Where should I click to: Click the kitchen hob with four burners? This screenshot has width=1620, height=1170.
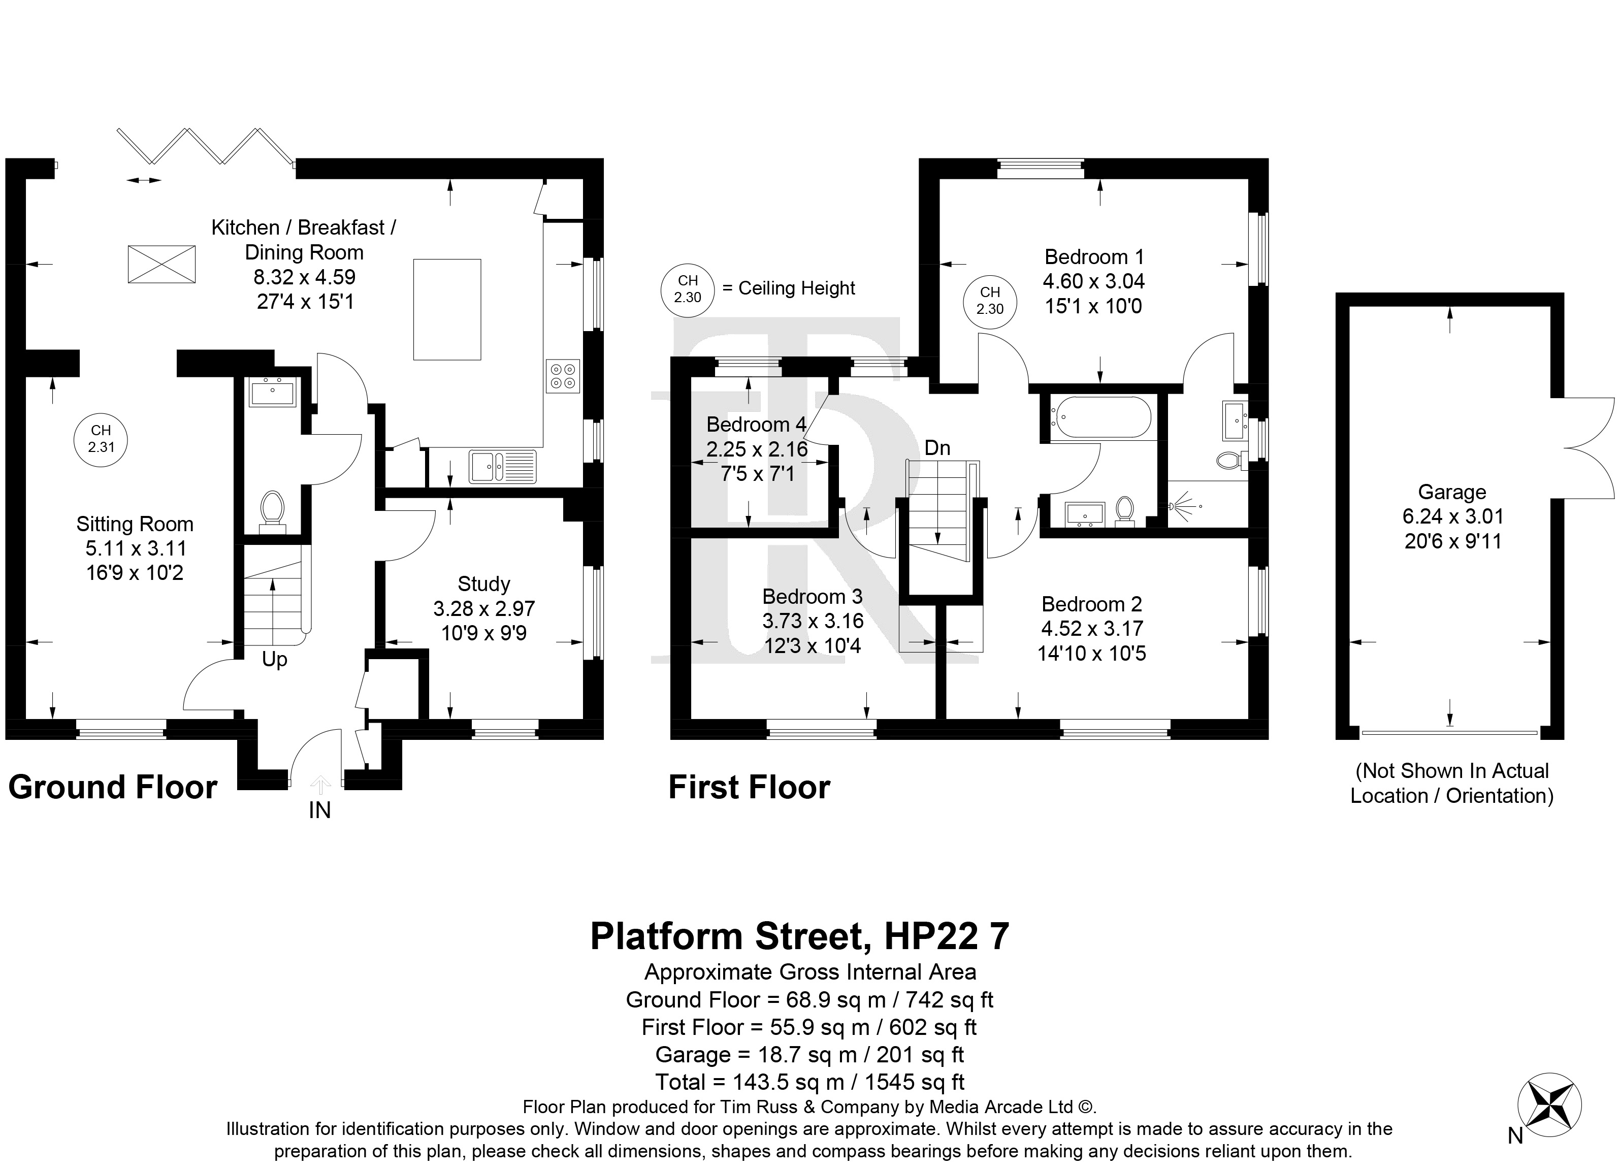tap(563, 376)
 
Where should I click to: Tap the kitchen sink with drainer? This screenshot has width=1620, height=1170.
tap(503, 467)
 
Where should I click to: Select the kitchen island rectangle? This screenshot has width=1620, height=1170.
tap(447, 309)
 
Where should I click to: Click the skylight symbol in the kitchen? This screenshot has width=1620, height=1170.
tap(161, 264)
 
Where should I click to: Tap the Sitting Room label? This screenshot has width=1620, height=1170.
tap(135, 524)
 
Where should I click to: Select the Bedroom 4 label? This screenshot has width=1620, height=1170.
tap(757, 425)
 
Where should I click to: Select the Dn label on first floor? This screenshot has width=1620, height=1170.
tap(937, 448)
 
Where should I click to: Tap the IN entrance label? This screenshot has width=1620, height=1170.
tap(319, 810)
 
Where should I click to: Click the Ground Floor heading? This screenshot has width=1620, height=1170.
tap(113, 788)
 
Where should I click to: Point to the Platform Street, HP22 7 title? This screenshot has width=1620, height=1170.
tap(800, 936)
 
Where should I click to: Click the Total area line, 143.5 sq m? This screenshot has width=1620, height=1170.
tap(810, 1082)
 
